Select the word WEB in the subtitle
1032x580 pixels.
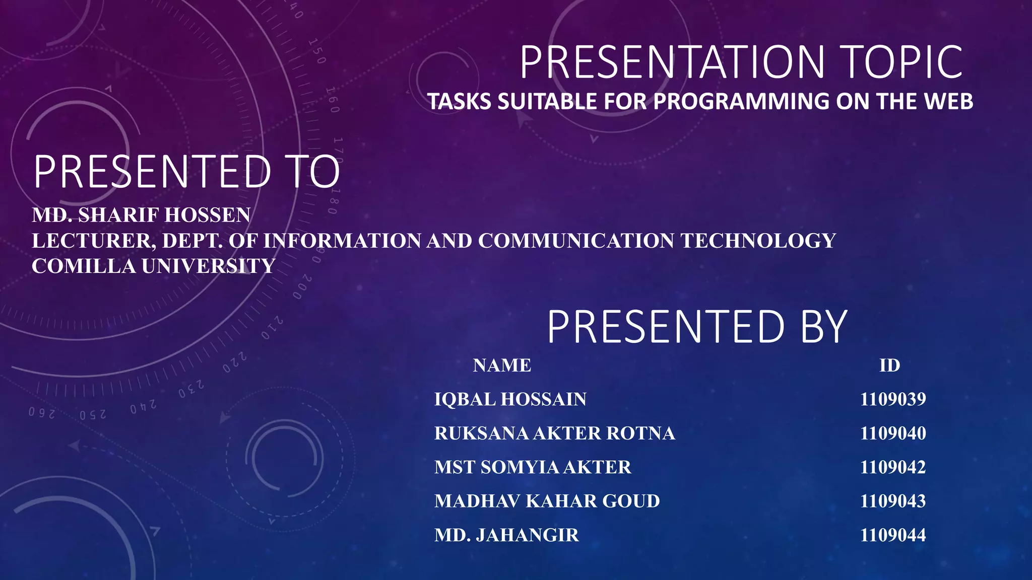(948, 102)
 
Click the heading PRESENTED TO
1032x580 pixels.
(187, 172)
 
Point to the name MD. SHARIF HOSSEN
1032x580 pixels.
(141, 215)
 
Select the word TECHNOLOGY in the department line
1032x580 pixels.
(758, 241)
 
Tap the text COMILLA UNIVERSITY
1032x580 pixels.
(154, 266)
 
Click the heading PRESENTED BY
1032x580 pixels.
(697, 327)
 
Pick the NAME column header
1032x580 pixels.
(502, 365)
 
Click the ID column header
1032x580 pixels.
(889, 365)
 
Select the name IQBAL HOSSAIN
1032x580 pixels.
(510, 399)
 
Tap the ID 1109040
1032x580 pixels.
(893, 433)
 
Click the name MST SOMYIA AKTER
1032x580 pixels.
(533, 467)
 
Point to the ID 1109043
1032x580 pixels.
(893, 501)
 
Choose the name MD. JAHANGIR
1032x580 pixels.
(506, 535)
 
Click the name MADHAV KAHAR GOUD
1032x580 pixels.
(547, 501)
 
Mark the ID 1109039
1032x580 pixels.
(893, 399)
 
